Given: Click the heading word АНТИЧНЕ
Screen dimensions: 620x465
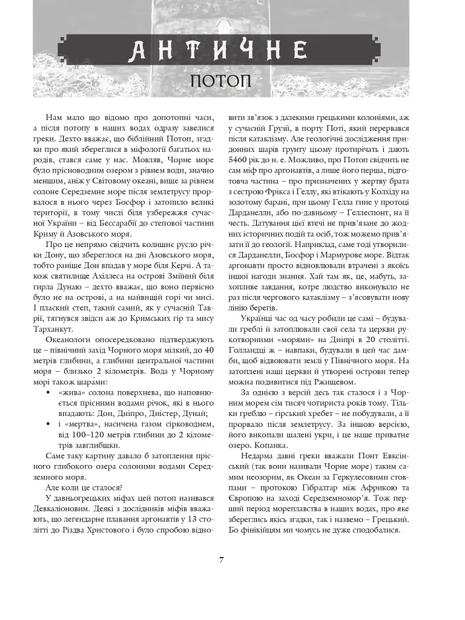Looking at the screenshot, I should [x=216, y=50].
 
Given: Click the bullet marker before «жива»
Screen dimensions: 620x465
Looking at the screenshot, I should [x=48, y=394].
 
